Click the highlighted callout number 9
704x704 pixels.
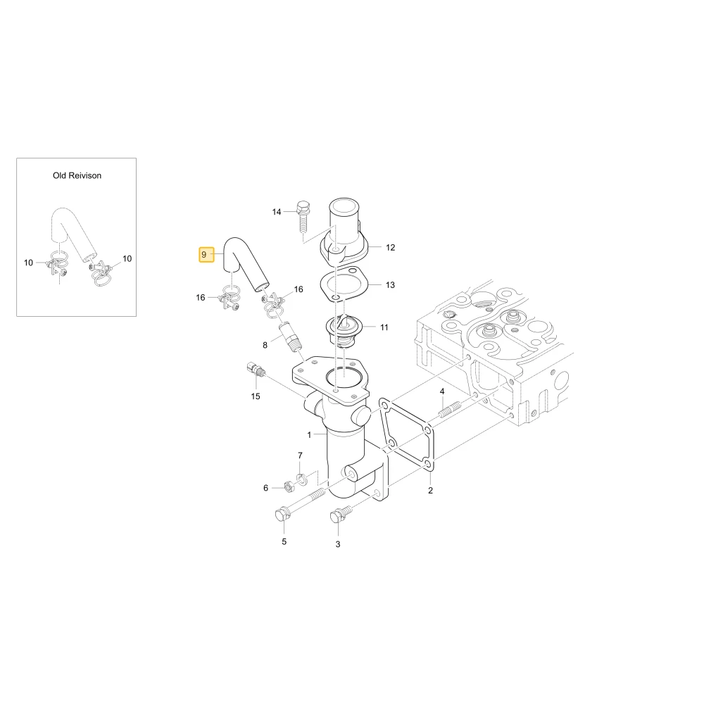tap(204, 255)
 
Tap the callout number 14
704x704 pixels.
tap(277, 212)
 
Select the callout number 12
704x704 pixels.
tap(390, 247)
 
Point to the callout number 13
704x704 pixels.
tap(390, 284)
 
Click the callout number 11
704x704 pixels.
tap(384, 327)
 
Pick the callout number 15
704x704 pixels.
tap(256, 396)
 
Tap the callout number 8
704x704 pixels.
tap(265, 345)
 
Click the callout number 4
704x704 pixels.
tap(442, 391)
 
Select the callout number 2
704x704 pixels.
tap(430, 490)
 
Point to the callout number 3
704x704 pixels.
tap(338, 544)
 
